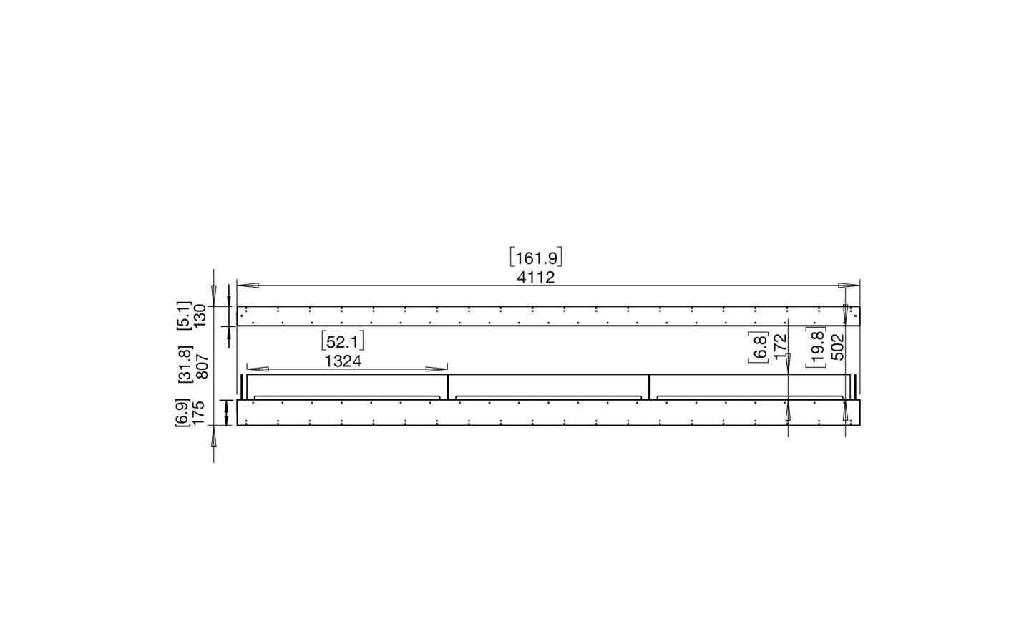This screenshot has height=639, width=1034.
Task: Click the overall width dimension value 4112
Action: (535, 278)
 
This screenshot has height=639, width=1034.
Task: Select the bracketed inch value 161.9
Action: (536, 258)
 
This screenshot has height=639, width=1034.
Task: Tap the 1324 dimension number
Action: (343, 361)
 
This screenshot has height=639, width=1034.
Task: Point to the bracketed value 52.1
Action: (343, 341)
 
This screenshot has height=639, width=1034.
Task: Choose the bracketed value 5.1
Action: (184, 316)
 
